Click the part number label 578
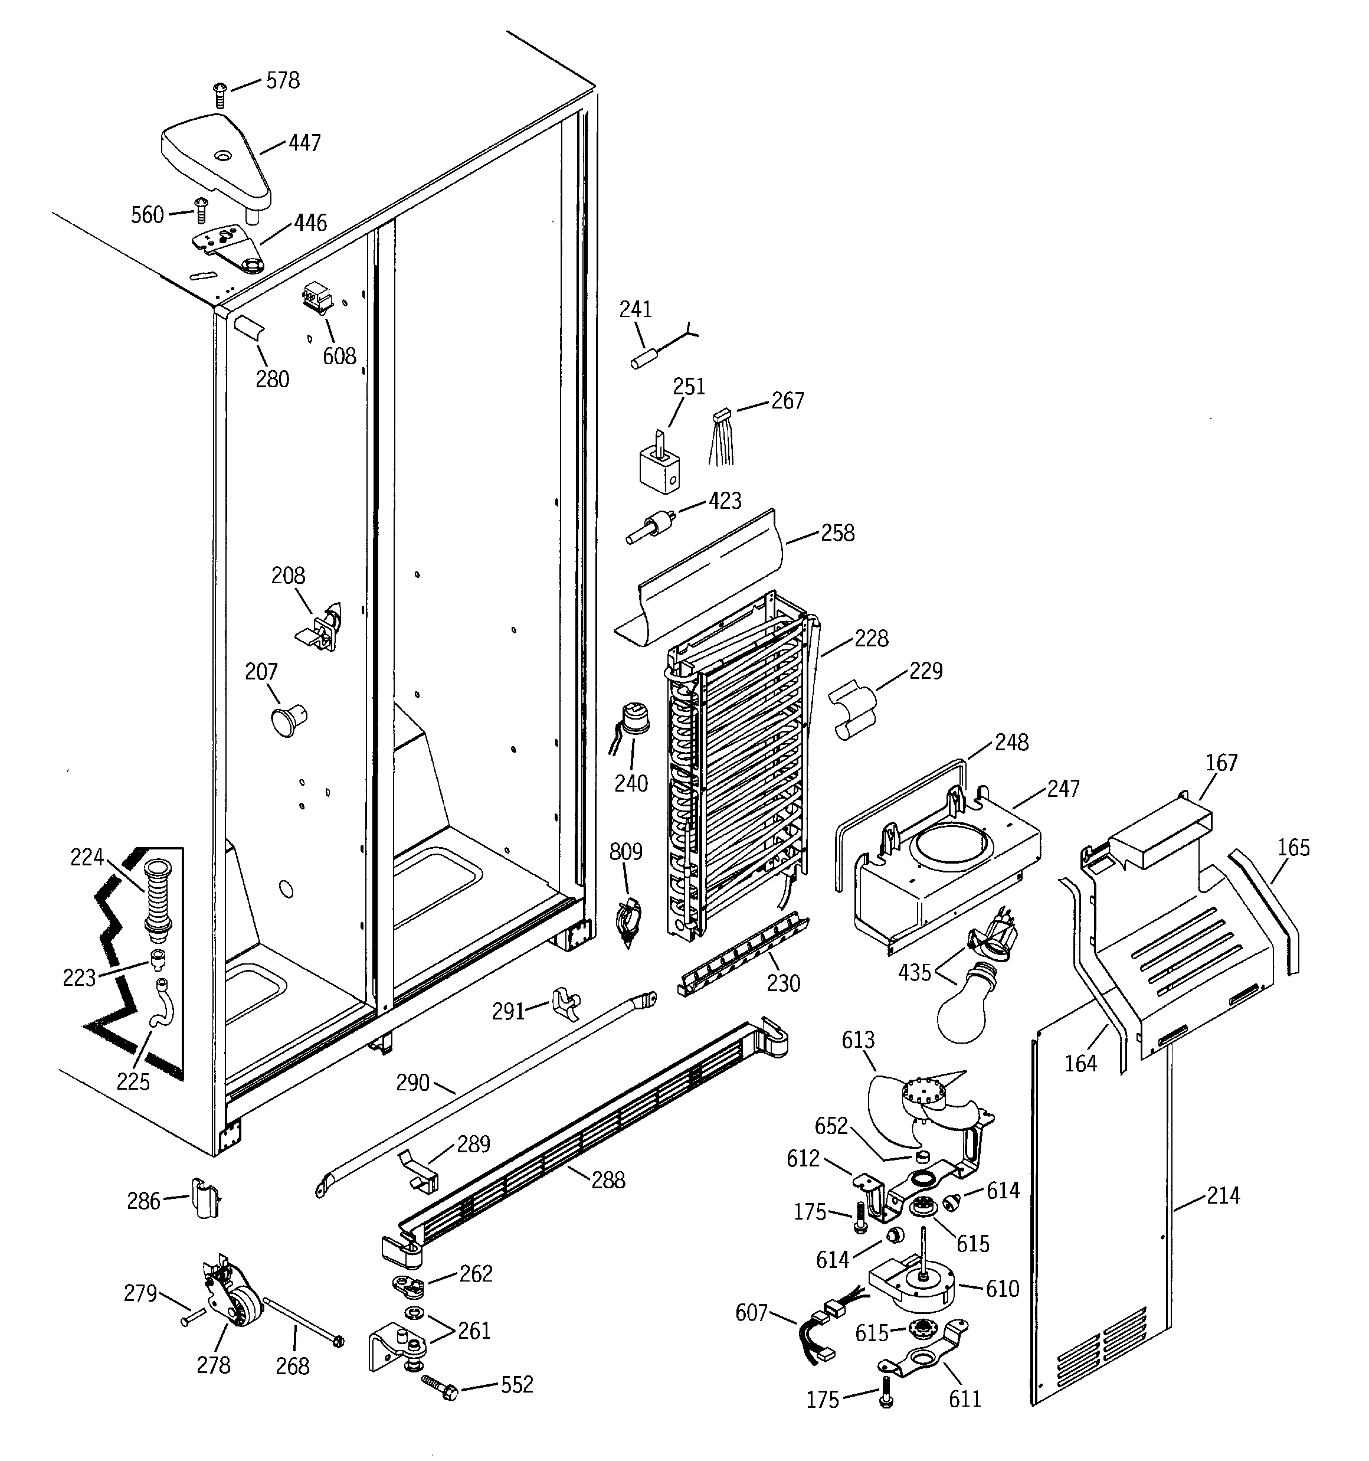tap(283, 80)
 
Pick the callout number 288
tap(608, 1180)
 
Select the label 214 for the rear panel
tap(1223, 1196)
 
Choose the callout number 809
tap(625, 852)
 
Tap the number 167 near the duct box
tap(1221, 762)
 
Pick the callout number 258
tap(838, 533)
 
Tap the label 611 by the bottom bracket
tap(964, 1398)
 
